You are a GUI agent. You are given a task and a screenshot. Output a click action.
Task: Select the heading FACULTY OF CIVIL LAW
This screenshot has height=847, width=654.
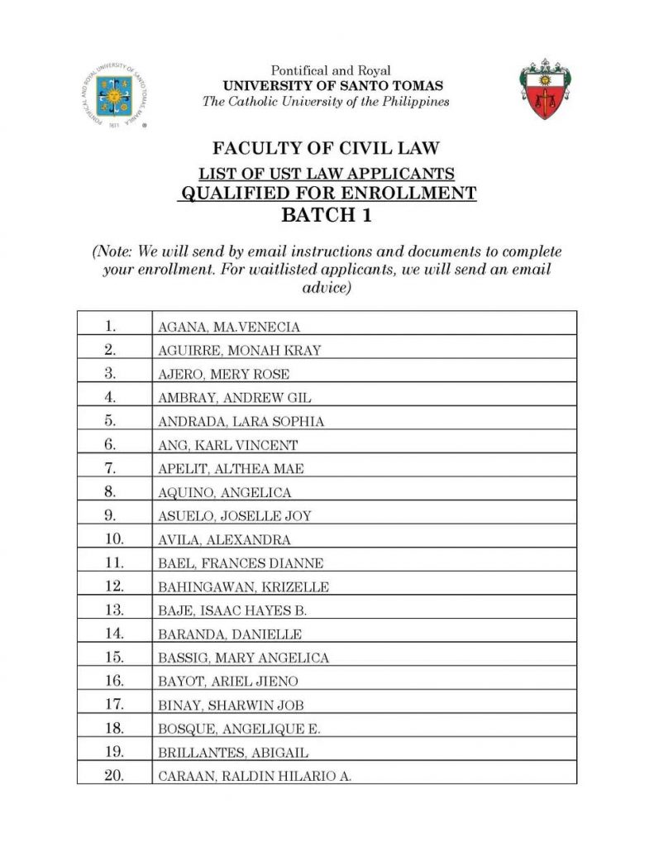pos(326,149)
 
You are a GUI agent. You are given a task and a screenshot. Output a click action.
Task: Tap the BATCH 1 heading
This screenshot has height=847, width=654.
pos(327,216)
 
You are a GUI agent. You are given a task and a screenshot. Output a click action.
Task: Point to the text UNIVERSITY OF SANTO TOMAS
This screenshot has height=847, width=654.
pos(332,86)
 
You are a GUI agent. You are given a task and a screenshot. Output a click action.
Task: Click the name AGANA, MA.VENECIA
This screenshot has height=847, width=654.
pos(229,327)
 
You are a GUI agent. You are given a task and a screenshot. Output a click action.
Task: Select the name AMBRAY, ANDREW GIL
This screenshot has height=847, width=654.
pos(235,398)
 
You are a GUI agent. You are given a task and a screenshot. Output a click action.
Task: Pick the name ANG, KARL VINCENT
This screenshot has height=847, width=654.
pos(227,445)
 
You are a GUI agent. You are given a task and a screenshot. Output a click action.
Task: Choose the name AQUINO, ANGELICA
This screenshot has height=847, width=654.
pos(224,493)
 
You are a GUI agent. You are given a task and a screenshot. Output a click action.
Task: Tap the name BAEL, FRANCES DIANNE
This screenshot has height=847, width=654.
pos(241,564)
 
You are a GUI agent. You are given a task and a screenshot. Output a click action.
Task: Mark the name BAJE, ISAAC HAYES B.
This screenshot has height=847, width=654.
pos(232,611)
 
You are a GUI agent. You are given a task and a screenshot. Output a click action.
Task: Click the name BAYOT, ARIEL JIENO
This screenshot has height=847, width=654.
pos(228,682)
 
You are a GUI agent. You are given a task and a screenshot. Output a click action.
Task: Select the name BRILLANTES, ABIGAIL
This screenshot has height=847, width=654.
pos(233,754)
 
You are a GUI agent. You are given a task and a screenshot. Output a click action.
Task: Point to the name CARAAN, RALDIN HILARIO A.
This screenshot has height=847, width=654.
pos(255,777)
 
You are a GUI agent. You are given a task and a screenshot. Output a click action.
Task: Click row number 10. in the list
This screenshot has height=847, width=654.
pos(114,539)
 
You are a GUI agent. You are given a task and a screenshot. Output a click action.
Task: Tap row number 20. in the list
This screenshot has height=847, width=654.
pos(114,776)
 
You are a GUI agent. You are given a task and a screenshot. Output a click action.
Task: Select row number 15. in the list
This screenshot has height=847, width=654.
pos(114,658)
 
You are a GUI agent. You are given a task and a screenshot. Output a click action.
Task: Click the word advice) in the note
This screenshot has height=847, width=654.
pos(327,287)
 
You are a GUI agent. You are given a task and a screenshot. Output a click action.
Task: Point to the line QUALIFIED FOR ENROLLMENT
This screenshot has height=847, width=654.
pos(327,194)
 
